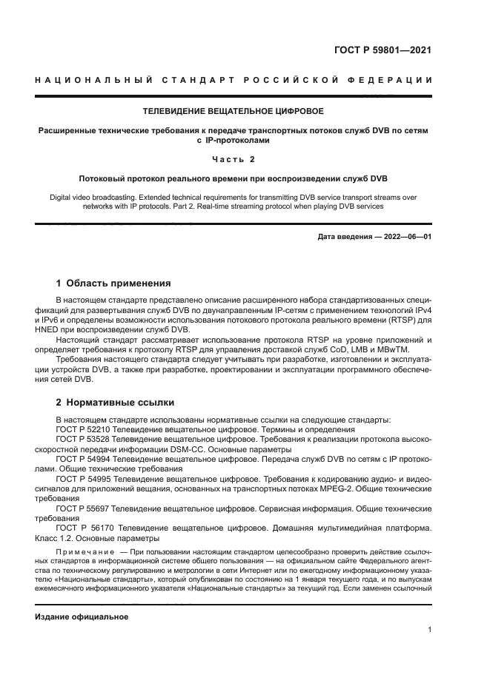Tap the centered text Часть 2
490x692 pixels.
click(x=234, y=159)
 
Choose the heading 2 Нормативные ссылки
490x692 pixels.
click(x=115, y=403)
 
